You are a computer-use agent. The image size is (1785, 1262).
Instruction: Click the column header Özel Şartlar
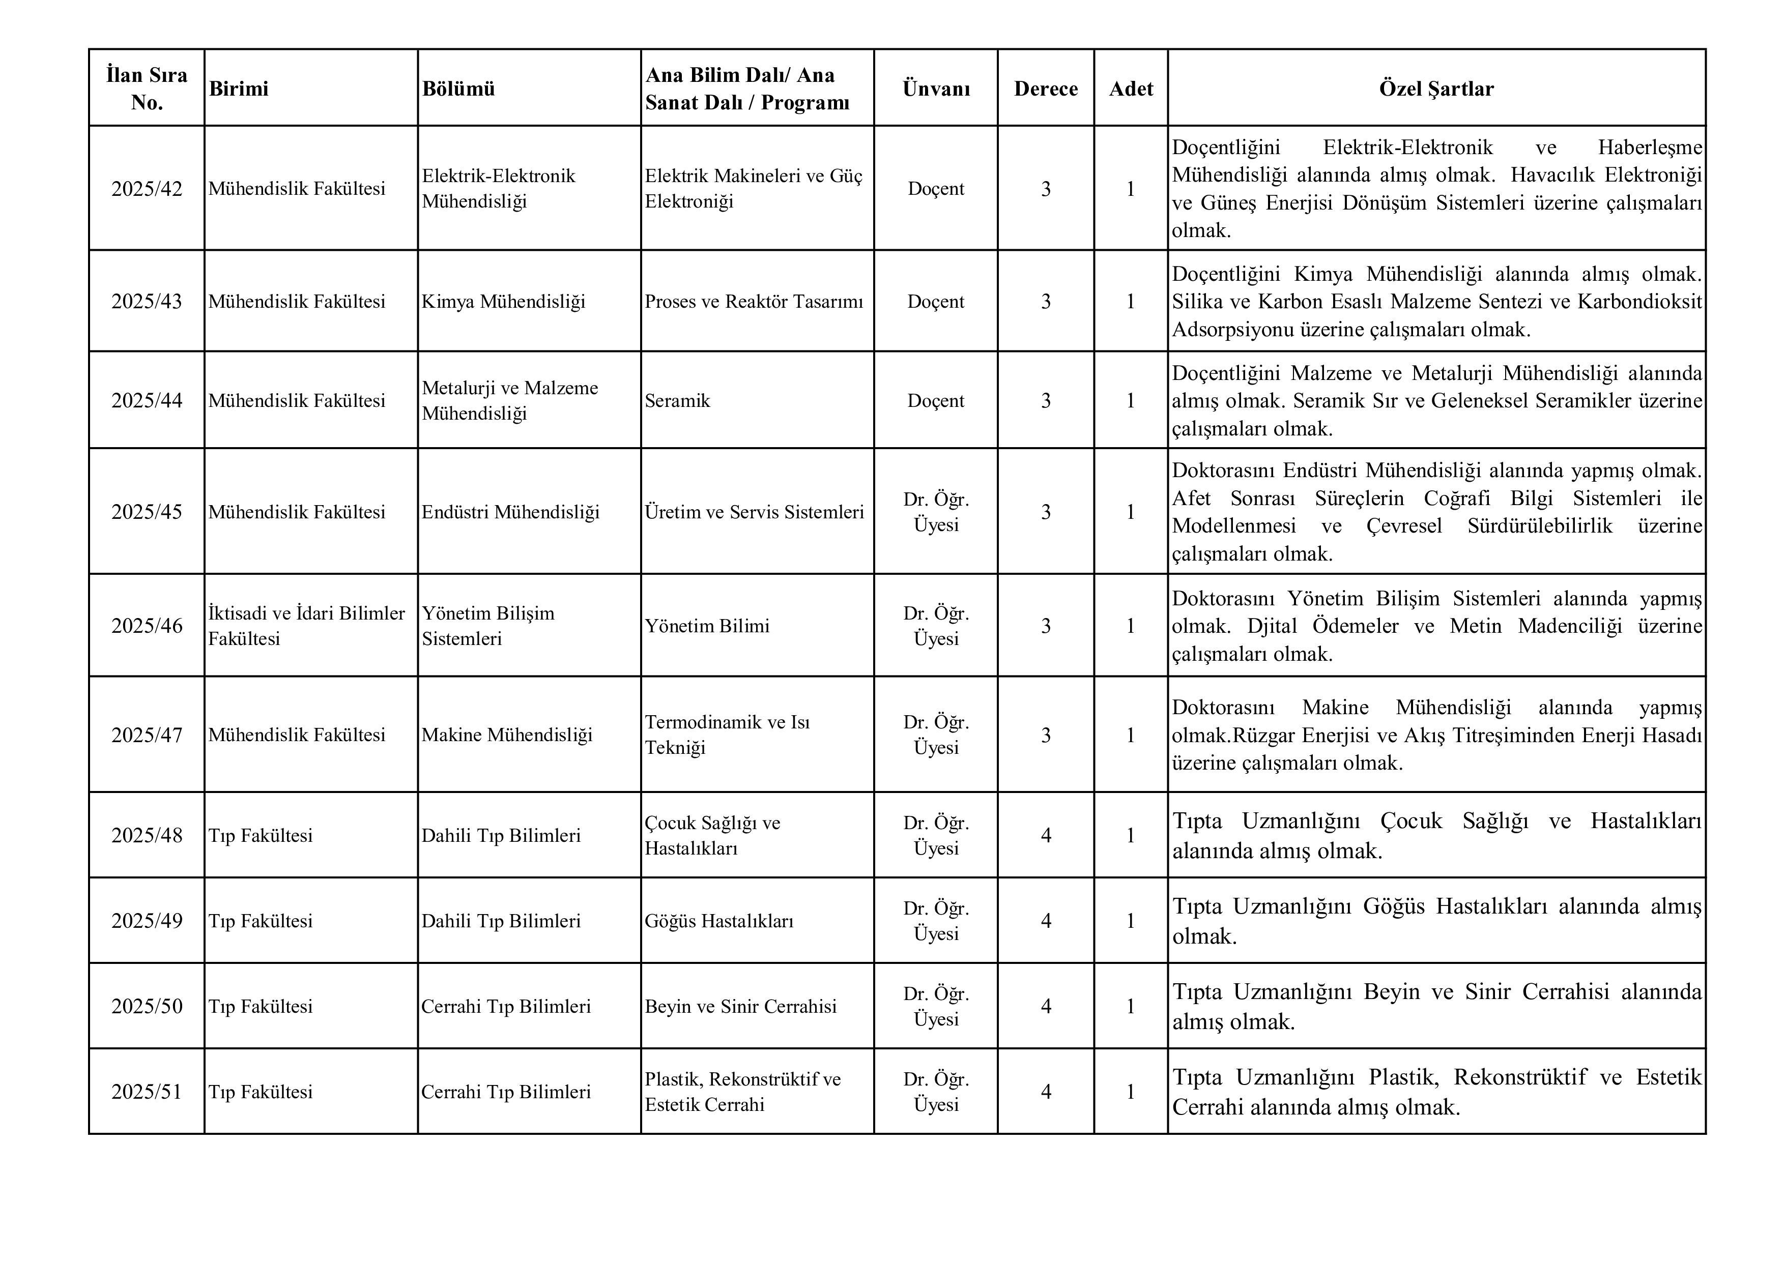click(x=1436, y=89)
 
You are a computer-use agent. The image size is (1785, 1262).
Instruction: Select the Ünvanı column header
click(x=936, y=89)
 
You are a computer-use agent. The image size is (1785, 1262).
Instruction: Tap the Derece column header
click(x=1046, y=89)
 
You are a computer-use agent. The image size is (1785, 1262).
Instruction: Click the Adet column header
click(x=1131, y=89)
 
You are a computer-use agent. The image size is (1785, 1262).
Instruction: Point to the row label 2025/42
click(x=147, y=189)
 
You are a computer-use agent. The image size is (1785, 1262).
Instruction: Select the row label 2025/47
click(x=147, y=735)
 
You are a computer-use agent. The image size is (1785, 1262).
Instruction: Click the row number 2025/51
click(x=147, y=1092)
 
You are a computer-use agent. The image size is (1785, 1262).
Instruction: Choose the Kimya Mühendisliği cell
click(x=503, y=302)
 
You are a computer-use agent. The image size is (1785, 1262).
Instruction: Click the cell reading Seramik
click(x=677, y=401)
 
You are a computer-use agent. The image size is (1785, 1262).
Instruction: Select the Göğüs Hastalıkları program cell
click(x=719, y=921)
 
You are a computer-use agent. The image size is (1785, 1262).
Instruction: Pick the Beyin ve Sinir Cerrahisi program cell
click(x=740, y=1006)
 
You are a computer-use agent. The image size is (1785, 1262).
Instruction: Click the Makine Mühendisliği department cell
click(x=507, y=735)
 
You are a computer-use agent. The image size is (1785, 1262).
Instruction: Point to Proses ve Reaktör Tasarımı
click(x=754, y=302)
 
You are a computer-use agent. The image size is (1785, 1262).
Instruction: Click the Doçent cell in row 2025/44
click(x=936, y=401)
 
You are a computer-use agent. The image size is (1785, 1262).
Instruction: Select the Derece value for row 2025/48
click(x=1046, y=835)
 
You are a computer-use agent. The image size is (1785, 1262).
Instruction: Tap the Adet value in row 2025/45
click(x=1131, y=512)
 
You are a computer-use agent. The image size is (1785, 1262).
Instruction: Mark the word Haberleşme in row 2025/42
click(x=1650, y=148)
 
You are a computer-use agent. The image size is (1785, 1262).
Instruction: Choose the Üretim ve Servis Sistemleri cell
click(x=754, y=512)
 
